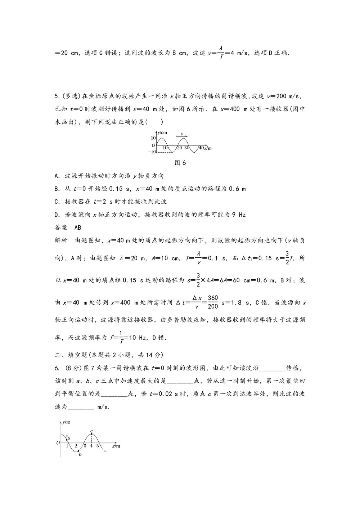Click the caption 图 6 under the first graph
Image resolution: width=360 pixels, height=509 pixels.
(x=180, y=163)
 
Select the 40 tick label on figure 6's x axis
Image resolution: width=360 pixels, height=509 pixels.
(x=201, y=148)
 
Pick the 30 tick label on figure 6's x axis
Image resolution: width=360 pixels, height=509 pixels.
(x=187, y=148)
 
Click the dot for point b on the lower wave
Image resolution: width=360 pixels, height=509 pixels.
(x=79, y=451)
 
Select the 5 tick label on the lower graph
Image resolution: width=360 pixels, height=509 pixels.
(x=97, y=446)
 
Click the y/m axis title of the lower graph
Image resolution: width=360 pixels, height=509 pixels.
(x=66, y=422)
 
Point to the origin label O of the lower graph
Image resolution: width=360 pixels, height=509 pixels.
(x=58, y=443)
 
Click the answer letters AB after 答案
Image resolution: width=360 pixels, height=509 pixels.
(x=77, y=228)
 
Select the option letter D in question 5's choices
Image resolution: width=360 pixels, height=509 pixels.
(x=57, y=215)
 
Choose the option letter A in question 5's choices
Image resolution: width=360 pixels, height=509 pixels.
(x=57, y=176)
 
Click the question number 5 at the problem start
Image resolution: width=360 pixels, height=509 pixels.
(x=56, y=96)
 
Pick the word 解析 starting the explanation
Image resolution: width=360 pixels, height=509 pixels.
(x=61, y=240)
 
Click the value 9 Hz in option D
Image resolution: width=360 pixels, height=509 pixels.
(x=239, y=215)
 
